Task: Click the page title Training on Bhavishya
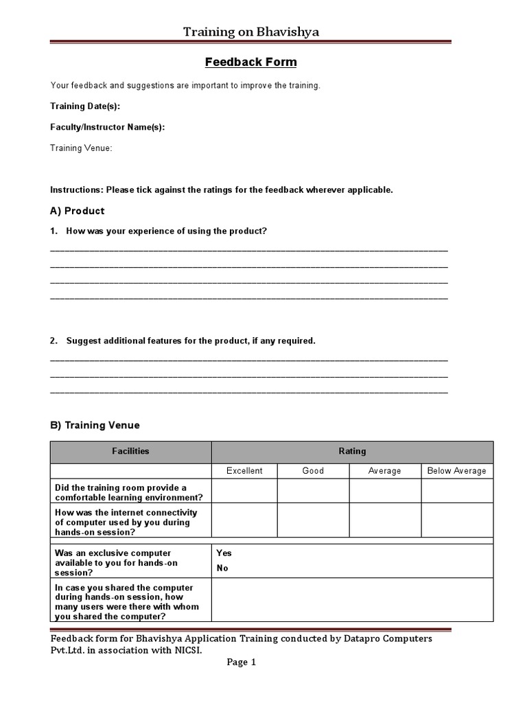(250, 32)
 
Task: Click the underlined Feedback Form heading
(251, 62)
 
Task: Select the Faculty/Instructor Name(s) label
(108, 127)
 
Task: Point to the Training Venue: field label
(81, 148)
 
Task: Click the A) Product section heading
(78, 211)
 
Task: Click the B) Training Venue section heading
(95, 426)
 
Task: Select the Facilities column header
(130, 451)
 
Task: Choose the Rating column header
(352, 451)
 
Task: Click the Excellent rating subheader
(244, 471)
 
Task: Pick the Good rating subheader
(313, 471)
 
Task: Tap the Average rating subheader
(385, 471)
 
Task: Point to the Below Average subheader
(456, 471)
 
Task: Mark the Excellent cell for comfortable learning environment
(244, 492)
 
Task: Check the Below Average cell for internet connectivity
(456, 522)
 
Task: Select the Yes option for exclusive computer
(224, 553)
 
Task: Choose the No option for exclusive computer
(222, 568)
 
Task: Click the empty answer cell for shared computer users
(352, 599)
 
